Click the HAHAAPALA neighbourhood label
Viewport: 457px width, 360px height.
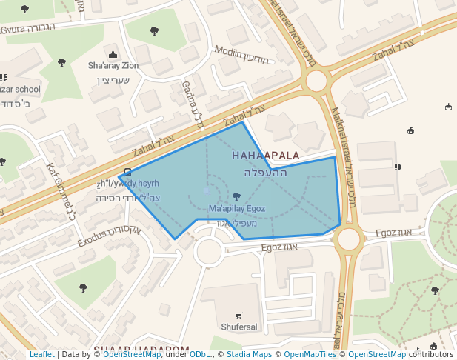coord(265,156)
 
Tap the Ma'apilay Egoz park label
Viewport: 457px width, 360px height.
coord(236,209)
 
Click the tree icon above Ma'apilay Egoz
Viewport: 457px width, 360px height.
coord(236,196)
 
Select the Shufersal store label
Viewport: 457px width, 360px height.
coord(238,327)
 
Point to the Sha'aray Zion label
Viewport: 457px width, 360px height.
coord(113,66)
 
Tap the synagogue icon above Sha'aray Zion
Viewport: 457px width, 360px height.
coord(113,54)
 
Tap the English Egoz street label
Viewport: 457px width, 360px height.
coord(387,233)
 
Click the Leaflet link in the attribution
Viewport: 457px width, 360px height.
coord(41,355)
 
